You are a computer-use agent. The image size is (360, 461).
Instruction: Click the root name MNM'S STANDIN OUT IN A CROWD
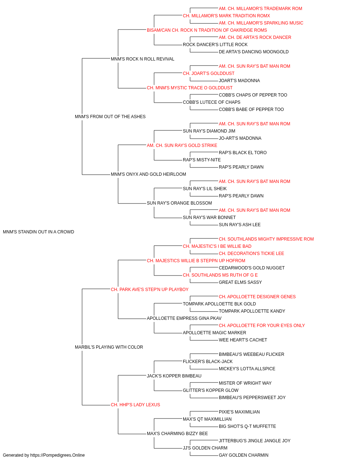[x=39, y=232]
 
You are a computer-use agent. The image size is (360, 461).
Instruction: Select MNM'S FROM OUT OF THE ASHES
[x=110, y=117]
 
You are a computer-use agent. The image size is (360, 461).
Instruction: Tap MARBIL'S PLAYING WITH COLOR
[x=109, y=347]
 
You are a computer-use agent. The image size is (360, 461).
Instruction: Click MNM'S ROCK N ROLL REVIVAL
[x=143, y=59]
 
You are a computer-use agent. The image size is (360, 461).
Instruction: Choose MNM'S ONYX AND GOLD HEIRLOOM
[x=148, y=174]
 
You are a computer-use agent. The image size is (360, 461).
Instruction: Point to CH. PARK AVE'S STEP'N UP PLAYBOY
[x=150, y=290]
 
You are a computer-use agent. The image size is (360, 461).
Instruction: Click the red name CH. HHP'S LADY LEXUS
[x=135, y=405]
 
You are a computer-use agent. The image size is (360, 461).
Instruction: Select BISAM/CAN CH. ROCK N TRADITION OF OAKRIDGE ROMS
[x=207, y=30]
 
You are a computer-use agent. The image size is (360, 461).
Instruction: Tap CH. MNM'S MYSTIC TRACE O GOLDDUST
[x=190, y=88]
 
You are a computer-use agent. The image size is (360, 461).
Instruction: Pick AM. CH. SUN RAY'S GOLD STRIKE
[x=182, y=146]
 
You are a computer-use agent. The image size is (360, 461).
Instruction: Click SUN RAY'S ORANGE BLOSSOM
[x=179, y=203]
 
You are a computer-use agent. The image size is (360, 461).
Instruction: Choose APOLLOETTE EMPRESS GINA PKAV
[x=184, y=318]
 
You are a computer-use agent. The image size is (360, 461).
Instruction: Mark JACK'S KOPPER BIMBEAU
[x=174, y=376]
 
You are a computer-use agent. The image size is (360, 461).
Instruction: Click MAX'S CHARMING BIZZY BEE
[x=177, y=434]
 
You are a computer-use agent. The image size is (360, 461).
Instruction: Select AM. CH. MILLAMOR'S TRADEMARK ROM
[x=261, y=9]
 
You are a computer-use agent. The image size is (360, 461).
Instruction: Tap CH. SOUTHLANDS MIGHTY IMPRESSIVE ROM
[x=266, y=239]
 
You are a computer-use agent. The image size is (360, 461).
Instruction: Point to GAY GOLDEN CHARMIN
[x=244, y=455]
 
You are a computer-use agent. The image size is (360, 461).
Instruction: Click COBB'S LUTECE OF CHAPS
[x=212, y=102]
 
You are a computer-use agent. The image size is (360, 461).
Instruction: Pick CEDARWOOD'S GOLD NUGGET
[x=252, y=268]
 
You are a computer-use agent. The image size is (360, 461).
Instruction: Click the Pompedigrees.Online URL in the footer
[x=58, y=455]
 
